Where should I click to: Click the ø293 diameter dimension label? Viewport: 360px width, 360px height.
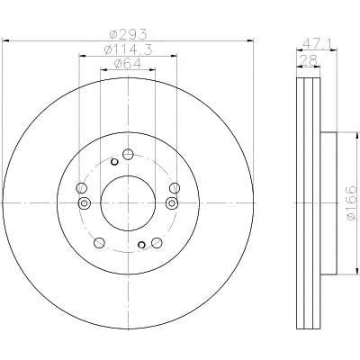[x=128, y=34]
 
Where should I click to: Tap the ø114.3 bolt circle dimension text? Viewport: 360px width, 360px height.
[x=128, y=49]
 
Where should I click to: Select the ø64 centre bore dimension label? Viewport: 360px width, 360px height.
[x=128, y=64]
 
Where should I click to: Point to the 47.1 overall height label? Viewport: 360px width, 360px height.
[x=317, y=44]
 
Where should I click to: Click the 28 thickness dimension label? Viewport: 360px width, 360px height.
[x=309, y=61]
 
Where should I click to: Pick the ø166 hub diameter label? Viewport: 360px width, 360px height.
[x=351, y=202]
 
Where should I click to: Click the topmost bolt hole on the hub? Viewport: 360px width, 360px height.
[x=128, y=155]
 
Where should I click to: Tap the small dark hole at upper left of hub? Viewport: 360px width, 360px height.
[x=114, y=162]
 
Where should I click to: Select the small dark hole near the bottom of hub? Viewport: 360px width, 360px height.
[x=141, y=245]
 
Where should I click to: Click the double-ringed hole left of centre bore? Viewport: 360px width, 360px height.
[x=84, y=203]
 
